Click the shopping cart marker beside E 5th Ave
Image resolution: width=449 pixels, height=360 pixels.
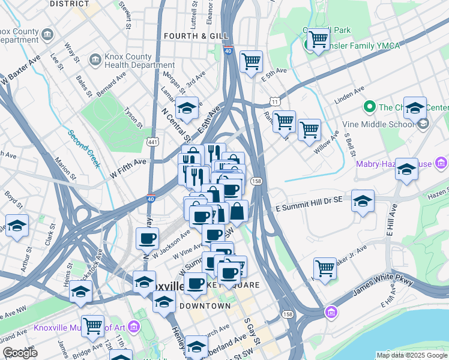pyautogui.click(x=251, y=61)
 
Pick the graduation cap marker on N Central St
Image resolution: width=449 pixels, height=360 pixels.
pyautogui.click(x=187, y=108)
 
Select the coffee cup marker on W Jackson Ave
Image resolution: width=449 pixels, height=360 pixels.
pyautogui.click(x=148, y=239)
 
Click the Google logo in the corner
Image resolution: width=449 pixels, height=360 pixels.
pyautogui.click(x=20, y=353)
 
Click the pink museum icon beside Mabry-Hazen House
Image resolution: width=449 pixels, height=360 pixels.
pyautogui.click(x=442, y=163)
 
